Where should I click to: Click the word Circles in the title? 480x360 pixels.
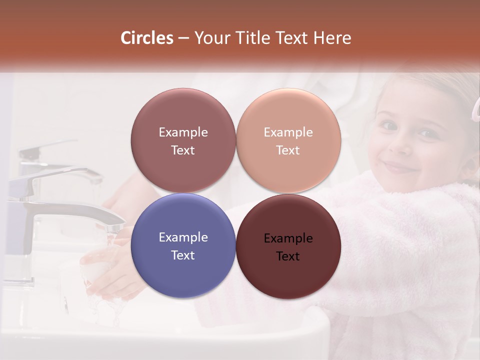[x=146, y=38]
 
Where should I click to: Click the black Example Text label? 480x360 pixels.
[x=288, y=247]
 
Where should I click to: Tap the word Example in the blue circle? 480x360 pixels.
[x=183, y=237]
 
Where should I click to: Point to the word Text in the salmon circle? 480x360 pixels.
[x=288, y=150]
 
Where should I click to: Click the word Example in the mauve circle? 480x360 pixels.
[x=183, y=132]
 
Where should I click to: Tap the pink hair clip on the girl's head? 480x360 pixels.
[x=476, y=107]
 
